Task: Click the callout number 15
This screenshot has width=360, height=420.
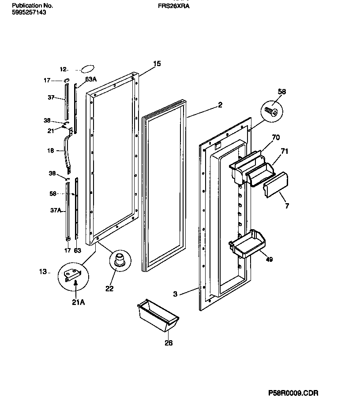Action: tap(157, 64)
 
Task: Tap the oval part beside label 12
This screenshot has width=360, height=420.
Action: tap(87, 68)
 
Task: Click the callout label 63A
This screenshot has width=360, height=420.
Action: tap(91, 79)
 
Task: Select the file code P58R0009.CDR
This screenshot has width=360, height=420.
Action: tap(293, 393)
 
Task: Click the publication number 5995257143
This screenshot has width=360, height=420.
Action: tap(28, 13)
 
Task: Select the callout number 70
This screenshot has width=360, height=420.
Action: tap(276, 137)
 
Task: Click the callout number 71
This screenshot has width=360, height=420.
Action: tap(285, 151)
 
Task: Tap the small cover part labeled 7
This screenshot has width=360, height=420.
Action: tap(276, 185)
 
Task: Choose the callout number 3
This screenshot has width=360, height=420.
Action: tap(175, 294)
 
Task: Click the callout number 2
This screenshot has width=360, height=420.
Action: tap(220, 105)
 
